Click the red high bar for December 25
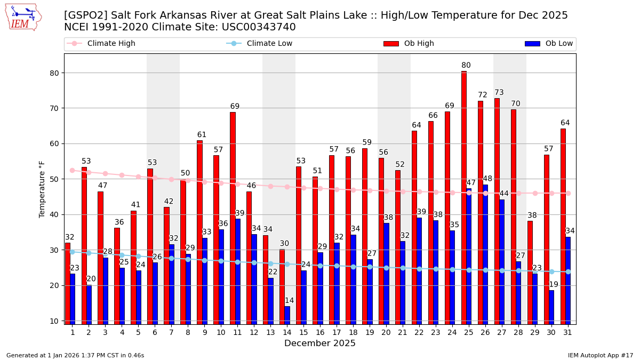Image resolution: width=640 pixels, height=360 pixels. pos(463,197)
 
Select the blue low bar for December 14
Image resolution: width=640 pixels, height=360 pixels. pos(287,315)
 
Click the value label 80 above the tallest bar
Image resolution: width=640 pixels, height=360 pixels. pos(466,66)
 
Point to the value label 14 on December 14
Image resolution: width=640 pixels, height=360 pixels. pos(289,301)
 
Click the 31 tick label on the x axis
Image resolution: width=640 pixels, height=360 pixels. pos(568,332)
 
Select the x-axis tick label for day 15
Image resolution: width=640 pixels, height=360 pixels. pos(303,332)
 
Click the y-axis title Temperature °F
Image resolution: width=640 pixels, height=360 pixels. pos(42,189)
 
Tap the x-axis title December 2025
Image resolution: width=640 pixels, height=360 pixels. pos(320,343)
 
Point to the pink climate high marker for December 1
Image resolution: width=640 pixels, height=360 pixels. pos(72,170)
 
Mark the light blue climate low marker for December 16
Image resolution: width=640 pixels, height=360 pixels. pos(320,266)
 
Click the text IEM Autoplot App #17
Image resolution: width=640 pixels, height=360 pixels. pos(601,355)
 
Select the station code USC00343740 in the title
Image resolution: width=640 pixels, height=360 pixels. pos(258,27)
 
